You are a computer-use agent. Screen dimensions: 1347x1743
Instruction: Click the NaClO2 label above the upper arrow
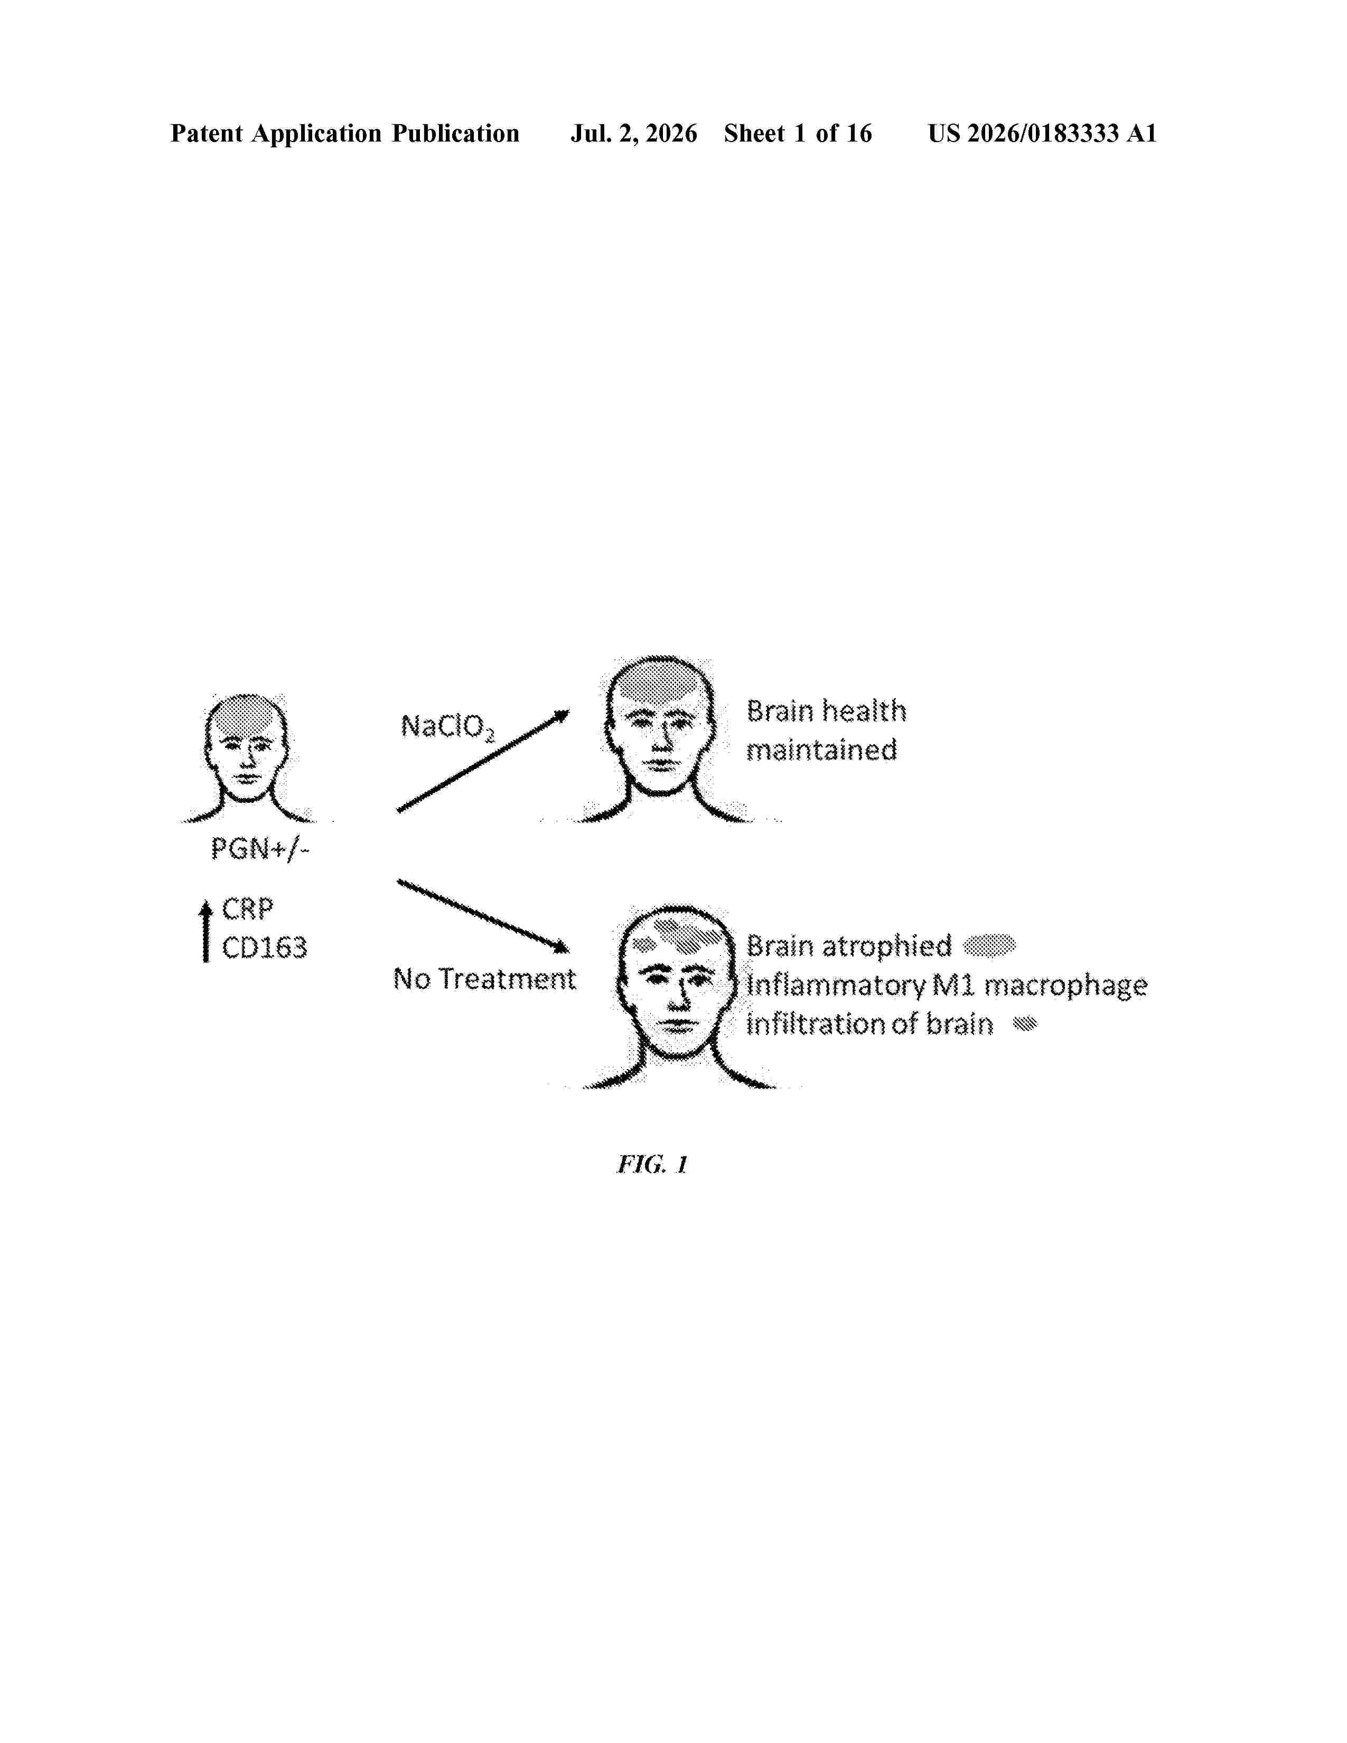[x=447, y=727]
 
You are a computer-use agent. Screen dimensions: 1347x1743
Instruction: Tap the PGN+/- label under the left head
[x=259, y=848]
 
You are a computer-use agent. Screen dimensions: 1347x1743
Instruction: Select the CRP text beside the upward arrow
[x=247, y=908]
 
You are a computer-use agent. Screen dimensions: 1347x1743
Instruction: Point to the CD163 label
[x=264, y=948]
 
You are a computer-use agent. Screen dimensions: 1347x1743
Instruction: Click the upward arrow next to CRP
[x=206, y=931]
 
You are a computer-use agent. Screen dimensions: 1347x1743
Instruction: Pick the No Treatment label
[x=484, y=978]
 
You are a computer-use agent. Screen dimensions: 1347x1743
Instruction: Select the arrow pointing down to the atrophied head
[x=483, y=916]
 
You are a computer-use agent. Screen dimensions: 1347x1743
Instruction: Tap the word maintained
[x=821, y=750]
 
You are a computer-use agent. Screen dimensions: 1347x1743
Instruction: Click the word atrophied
[x=886, y=947]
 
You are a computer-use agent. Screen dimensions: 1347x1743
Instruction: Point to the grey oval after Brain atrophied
[x=989, y=946]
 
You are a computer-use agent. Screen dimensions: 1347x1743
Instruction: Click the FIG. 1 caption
[x=652, y=1165]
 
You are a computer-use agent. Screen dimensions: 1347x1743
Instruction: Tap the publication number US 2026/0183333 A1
[x=1042, y=133]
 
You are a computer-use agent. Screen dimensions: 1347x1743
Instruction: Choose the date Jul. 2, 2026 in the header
[x=633, y=133]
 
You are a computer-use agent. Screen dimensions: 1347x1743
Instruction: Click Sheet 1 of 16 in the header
[x=798, y=133]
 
